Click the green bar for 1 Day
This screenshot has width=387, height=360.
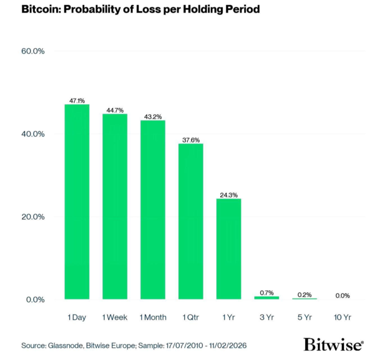77,202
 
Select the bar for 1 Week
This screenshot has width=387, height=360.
115,207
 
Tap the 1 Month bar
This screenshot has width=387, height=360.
153,210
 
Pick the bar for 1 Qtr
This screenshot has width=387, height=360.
191,221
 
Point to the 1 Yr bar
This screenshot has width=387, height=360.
228,249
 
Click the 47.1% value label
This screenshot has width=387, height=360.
77,100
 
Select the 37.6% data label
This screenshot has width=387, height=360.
191,140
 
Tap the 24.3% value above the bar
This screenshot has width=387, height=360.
228,195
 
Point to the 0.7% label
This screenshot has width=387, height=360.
267,293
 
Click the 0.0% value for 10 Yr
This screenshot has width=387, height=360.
342,295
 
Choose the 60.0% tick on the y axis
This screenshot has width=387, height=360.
32,51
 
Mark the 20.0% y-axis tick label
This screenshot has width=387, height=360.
32,216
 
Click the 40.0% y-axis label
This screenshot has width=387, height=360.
32,134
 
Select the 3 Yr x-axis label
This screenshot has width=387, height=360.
267,317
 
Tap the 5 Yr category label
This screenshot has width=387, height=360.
305,317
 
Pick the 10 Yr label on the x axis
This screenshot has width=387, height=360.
342,317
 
